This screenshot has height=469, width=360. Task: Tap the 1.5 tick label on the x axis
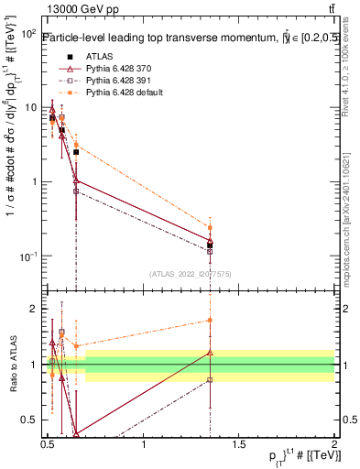(239, 444)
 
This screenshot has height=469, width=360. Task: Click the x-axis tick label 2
(334, 444)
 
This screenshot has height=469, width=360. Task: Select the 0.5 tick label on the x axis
(49, 444)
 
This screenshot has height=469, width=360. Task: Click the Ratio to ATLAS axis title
(12, 365)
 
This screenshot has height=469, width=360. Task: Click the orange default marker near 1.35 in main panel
(211, 227)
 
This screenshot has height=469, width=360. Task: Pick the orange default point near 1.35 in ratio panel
(211, 320)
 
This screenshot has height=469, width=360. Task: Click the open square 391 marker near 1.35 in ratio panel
(211, 379)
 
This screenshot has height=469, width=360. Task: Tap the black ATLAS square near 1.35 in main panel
(211, 245)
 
